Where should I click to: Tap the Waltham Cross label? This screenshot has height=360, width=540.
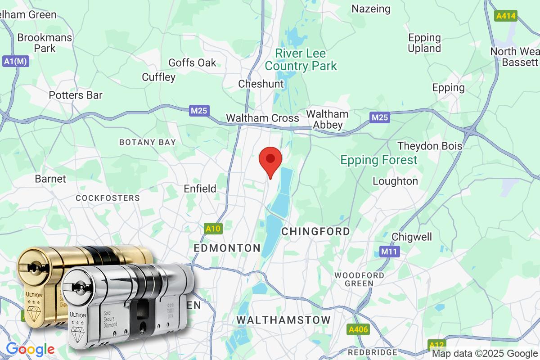(262, 118)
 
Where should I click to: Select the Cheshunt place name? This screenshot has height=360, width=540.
(261, 84)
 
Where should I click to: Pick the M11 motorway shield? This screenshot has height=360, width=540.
(387, 252)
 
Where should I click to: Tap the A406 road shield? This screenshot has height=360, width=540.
(358, 330)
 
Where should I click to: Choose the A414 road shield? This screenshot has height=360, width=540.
(506, 16)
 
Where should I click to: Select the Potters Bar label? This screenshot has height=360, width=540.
(76, 95)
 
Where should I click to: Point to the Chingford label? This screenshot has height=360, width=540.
(315, 231)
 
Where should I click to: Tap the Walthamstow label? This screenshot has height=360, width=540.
(283, 320)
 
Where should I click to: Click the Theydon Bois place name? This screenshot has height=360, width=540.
(430, 146)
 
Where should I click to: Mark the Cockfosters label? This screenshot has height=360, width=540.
(108, 198)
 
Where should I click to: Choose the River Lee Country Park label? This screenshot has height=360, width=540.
(301, 59)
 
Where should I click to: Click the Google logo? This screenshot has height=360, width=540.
(30, 349)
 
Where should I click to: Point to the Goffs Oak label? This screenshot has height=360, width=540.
(192, 63)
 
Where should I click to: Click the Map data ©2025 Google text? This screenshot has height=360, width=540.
(485, 353)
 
